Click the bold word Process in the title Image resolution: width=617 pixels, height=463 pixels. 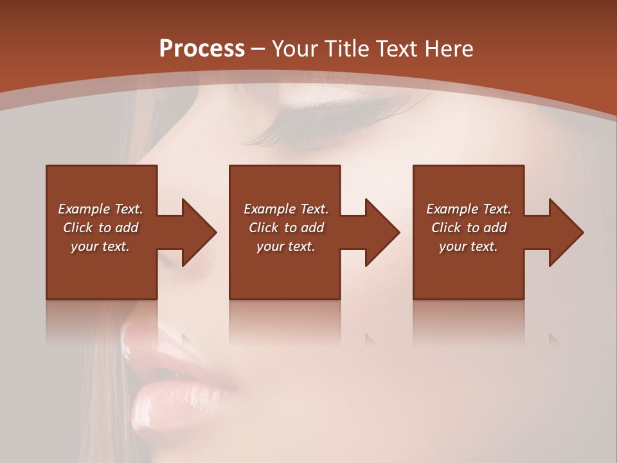202,49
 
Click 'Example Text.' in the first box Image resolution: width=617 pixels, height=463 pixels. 100,209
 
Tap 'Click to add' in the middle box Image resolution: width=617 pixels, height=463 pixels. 286,228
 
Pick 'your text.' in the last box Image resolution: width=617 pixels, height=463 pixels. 469,246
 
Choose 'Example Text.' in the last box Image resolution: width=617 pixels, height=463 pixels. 469,209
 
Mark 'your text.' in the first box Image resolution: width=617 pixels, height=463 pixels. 100,246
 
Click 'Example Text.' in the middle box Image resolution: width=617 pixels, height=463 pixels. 286,209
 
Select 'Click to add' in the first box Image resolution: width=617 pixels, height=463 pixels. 100,228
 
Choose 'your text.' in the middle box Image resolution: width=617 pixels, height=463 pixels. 286,246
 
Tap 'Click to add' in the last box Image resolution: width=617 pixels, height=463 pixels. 469,228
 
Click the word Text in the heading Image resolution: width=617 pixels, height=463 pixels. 398,49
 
